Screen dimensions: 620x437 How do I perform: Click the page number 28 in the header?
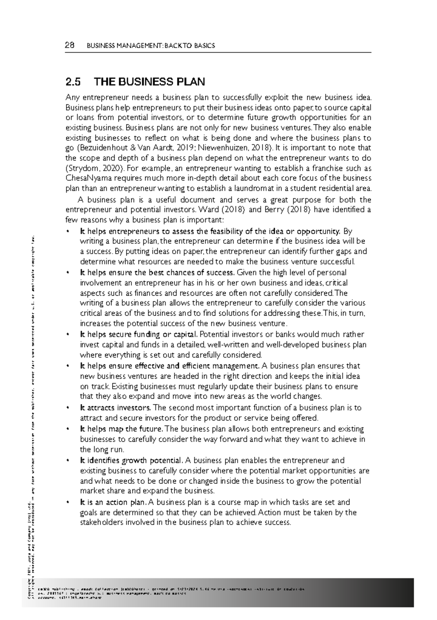coord(69,45)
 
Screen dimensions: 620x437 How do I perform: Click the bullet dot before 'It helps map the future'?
coord(68,429)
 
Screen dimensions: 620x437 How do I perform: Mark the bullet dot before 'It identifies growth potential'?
coord(68,461)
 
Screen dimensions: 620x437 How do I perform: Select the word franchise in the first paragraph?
coord(322,168)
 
